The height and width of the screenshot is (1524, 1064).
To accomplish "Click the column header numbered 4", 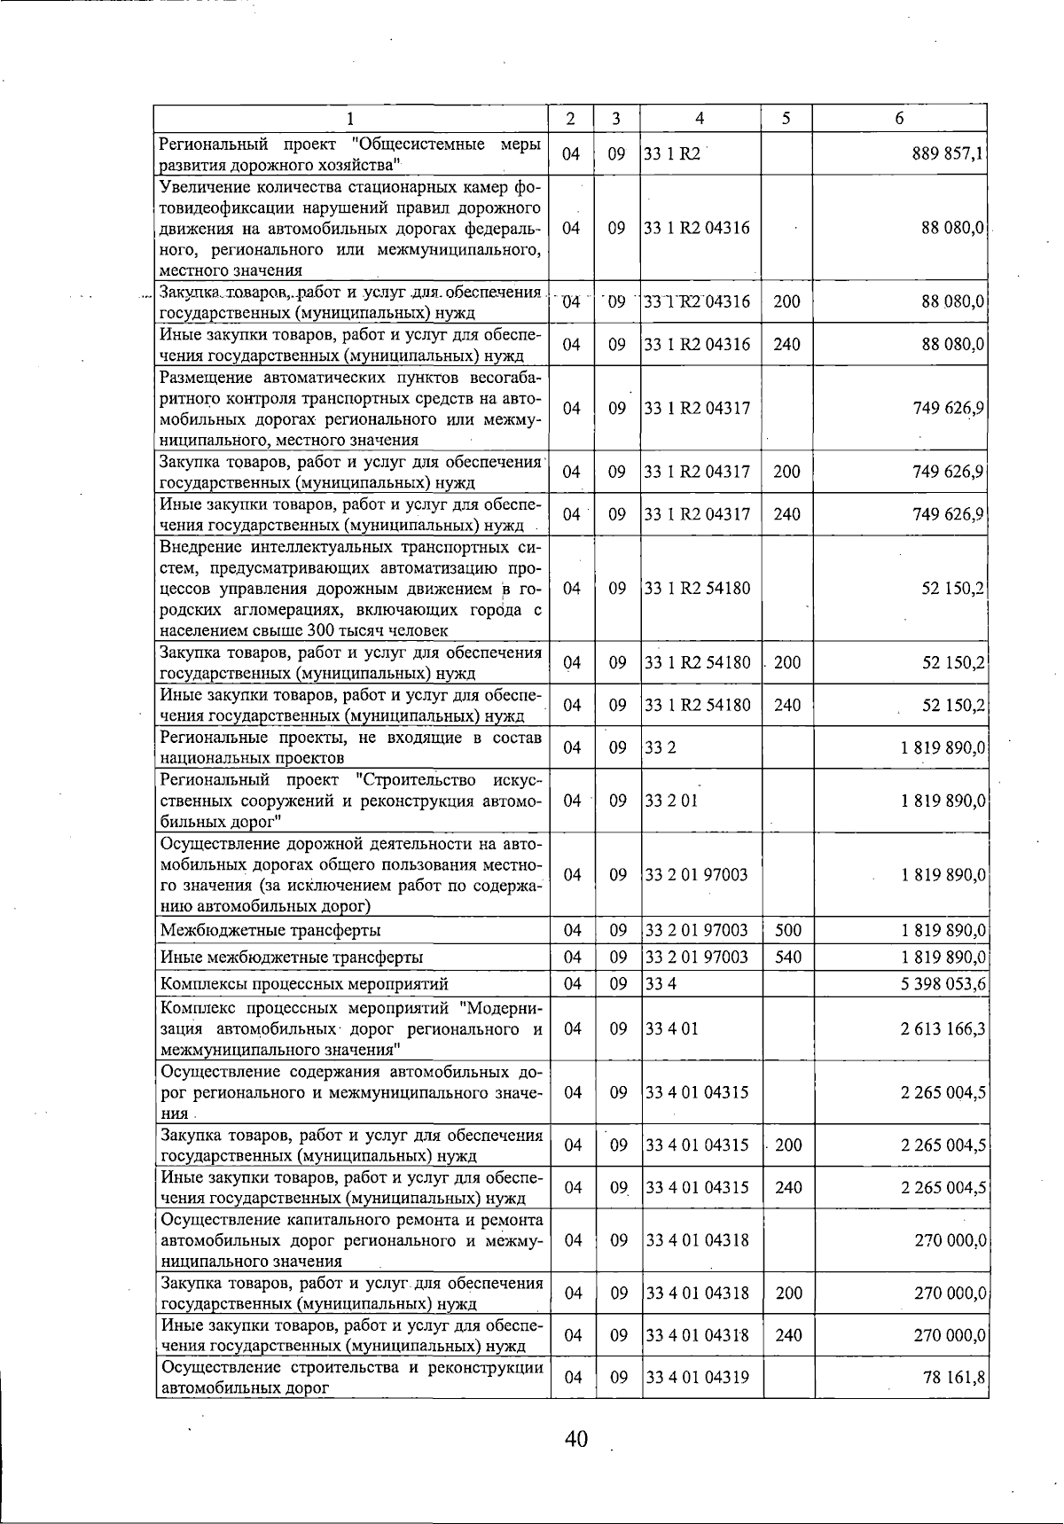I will point(700,119).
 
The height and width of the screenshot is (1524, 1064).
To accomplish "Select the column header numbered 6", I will point(899,119).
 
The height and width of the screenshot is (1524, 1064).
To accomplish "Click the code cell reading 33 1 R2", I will point(672,153).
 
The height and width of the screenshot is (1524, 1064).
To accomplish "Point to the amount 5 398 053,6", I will point(943,983).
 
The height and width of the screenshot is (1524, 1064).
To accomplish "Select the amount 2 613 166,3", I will point(943,1028).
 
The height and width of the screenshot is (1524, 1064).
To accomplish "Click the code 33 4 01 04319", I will point(697,1377).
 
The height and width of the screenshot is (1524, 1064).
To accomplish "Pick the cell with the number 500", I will point(787,930).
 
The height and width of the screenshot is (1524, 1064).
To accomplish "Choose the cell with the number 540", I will point(787,957).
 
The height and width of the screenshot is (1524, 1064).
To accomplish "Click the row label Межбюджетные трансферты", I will point(270,930).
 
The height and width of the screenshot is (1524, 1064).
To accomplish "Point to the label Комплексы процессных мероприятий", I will point(304,983).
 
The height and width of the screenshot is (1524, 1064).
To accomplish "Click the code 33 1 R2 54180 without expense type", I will point(697,589).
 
